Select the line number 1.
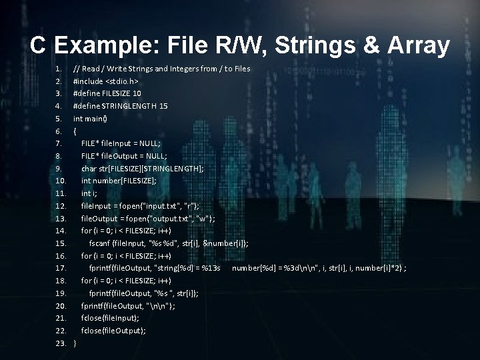59,68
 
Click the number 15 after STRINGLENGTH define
163,105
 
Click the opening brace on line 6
75,131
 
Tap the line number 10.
60,180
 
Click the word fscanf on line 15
101,243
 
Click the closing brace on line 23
75,343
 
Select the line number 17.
60,268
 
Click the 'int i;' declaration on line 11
89,193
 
